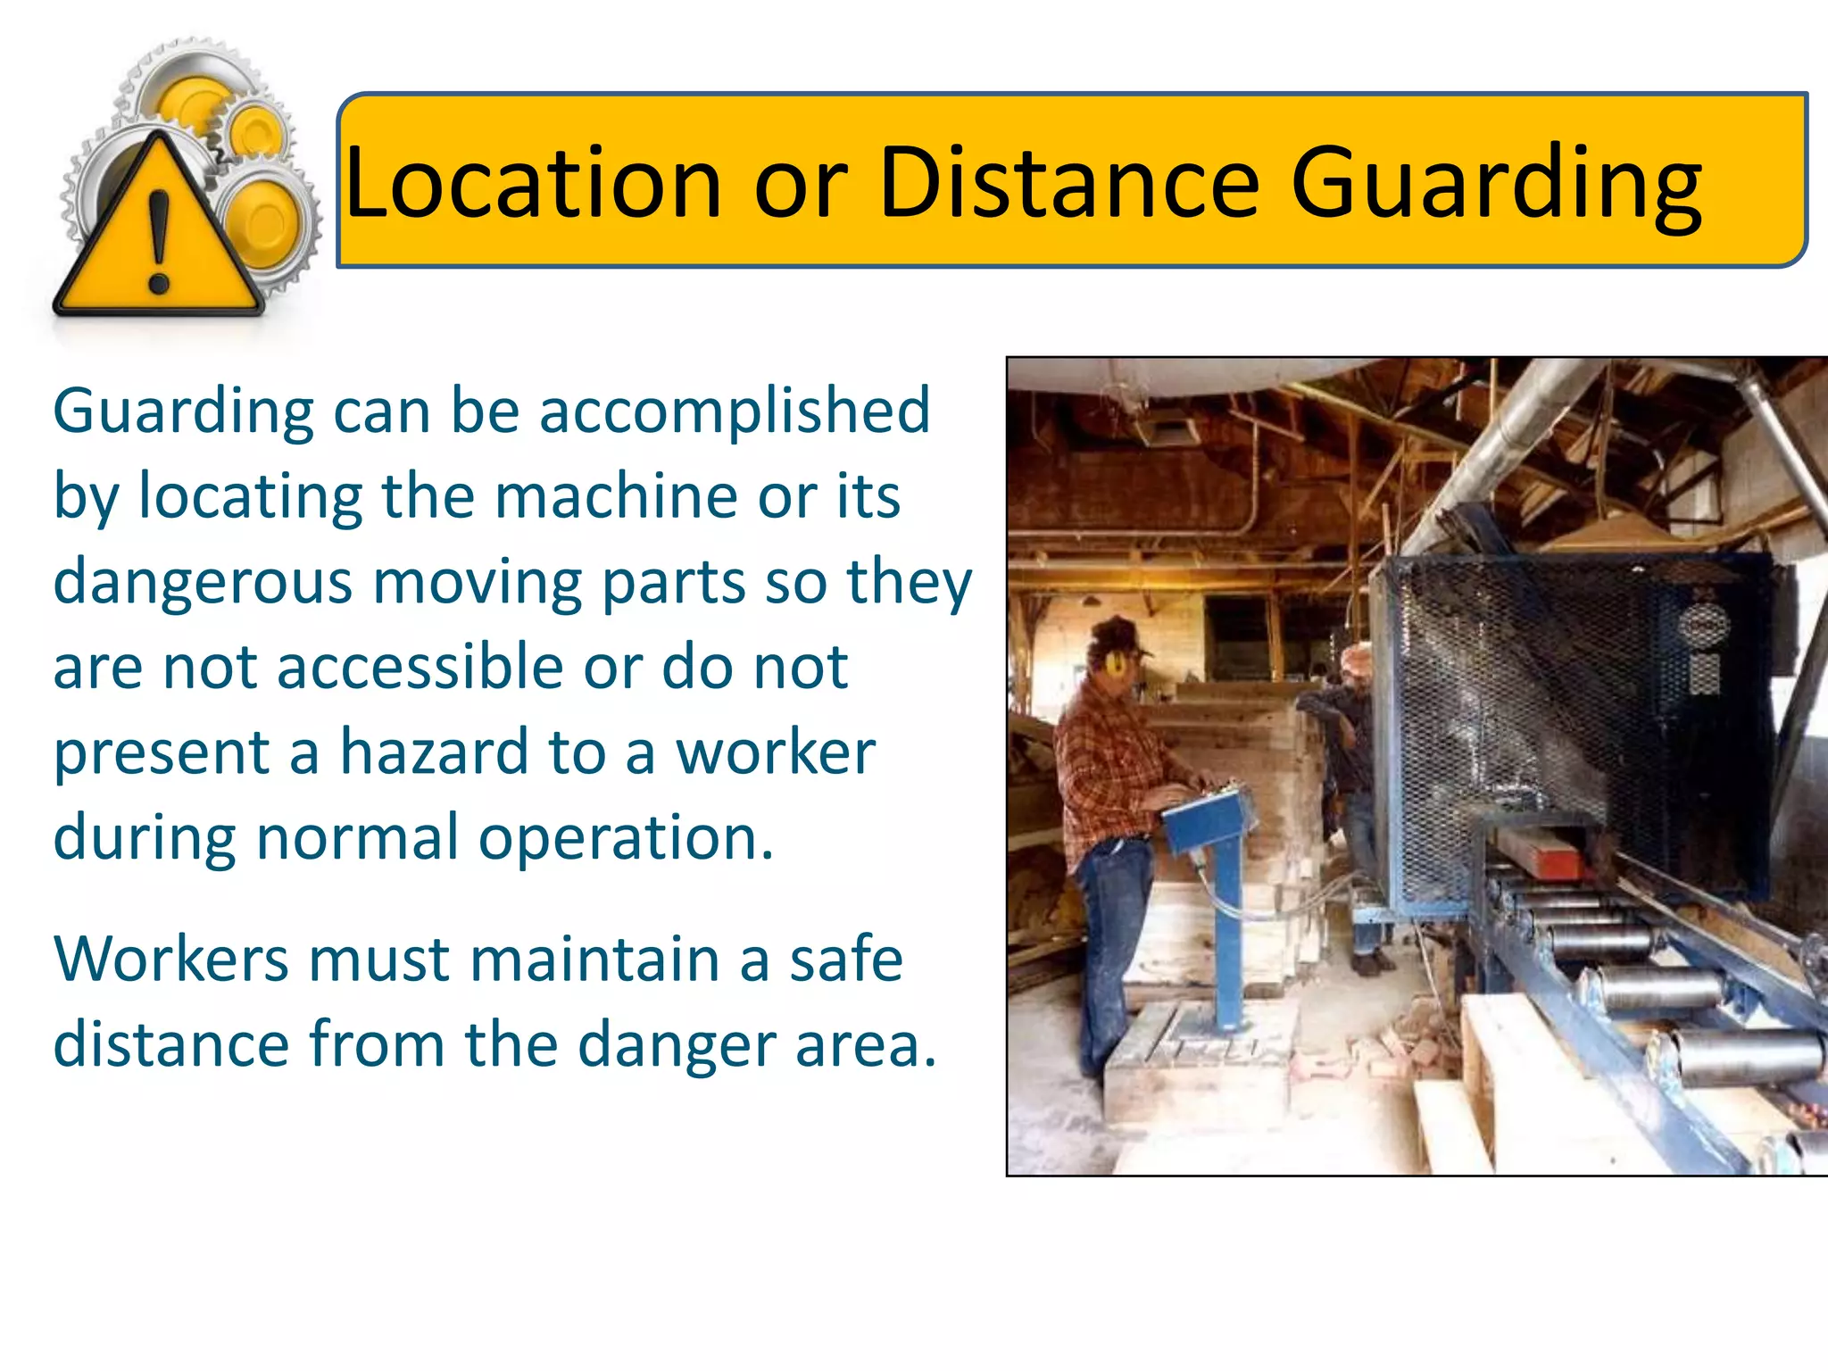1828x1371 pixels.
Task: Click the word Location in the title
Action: pos(533,183)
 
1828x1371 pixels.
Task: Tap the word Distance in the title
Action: pos(1069,183)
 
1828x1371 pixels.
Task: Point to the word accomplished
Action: pos(735,412)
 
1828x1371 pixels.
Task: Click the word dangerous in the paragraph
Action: pos(203,582)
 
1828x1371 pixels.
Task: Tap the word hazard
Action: pos(435,752)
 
